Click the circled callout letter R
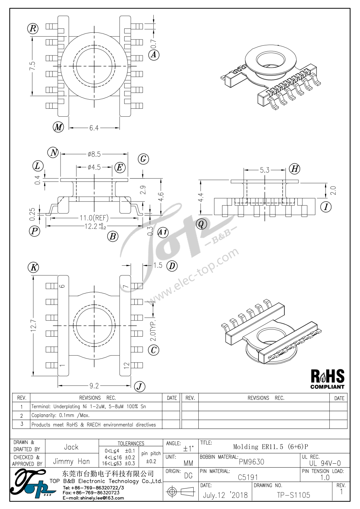[33, 29]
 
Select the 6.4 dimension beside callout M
[94, 128]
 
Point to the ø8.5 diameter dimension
[94, 154]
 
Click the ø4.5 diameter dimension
[94, 167]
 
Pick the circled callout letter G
[143, 159]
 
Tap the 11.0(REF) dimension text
[94, 218]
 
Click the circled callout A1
[163, 232]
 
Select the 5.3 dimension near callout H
[265, 170]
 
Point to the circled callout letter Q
[201, 224]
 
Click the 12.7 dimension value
[33, 326]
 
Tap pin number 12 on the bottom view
[126, 365]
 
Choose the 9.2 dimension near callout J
[94, 386]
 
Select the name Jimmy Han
[71, 461]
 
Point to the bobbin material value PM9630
[251, 462]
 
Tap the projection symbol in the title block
[181, 492]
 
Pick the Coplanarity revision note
[60, 416]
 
